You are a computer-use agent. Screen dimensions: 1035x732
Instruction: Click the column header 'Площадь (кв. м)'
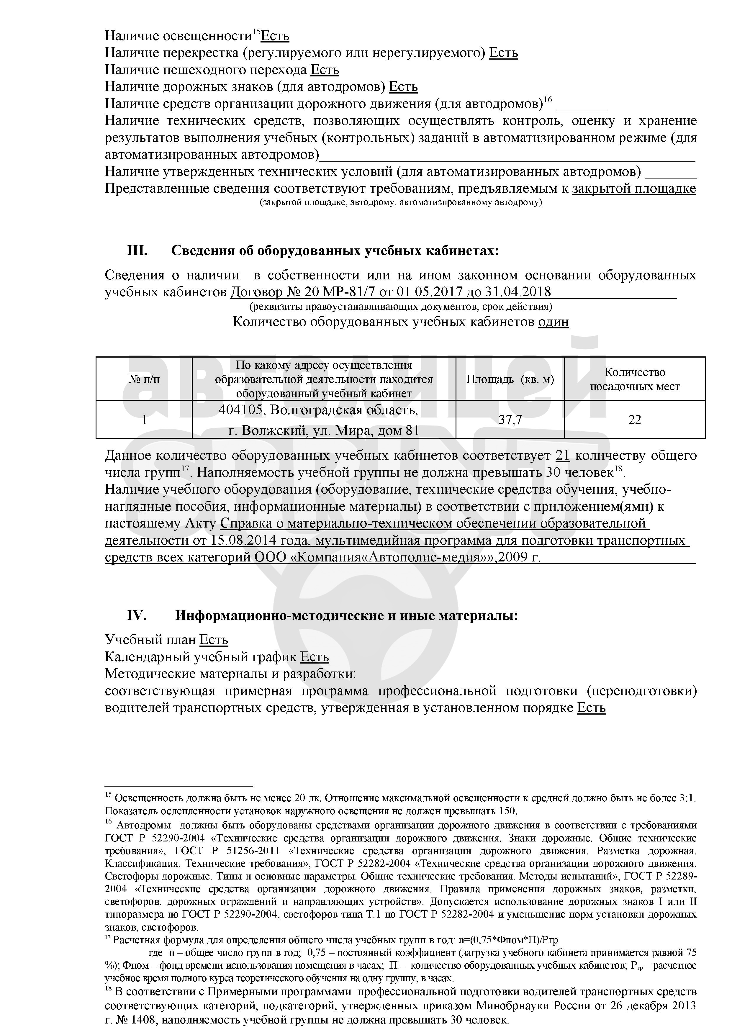pyautogui.click(x=510, y=379)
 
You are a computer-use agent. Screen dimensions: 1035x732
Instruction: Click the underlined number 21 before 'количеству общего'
pyautogui.click(x=563, y=456)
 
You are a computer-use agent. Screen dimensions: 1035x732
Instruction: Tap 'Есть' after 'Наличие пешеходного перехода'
pyautogui.click(x=325, y=70)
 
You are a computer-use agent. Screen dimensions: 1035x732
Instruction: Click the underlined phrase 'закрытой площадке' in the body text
pyautogui.click(x=634, y=189)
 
